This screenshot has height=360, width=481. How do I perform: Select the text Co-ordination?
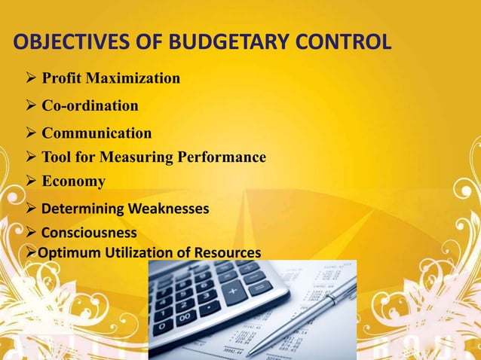point(90,105)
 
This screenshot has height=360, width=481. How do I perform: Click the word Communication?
point(97,133)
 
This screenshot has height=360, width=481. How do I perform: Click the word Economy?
point(73,182)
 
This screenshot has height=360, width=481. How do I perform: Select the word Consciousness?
point(89,232)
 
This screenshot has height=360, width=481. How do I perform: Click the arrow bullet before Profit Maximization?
point(29,78)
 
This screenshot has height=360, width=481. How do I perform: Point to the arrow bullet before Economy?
point(29,182)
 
